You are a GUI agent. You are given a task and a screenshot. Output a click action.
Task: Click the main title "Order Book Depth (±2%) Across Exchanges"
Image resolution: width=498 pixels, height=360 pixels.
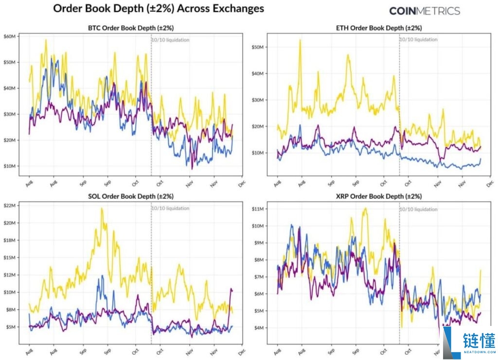[158, 9]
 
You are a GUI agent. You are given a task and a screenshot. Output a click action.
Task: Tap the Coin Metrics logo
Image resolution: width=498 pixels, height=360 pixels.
[425, 11]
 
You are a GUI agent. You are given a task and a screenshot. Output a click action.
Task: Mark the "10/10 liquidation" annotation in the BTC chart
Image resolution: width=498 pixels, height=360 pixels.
[171, 40]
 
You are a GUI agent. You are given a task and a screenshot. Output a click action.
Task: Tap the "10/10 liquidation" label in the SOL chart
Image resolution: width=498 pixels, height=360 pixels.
[171, 208]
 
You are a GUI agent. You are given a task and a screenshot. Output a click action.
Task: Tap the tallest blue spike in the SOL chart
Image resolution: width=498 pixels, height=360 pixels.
[102, 276]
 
